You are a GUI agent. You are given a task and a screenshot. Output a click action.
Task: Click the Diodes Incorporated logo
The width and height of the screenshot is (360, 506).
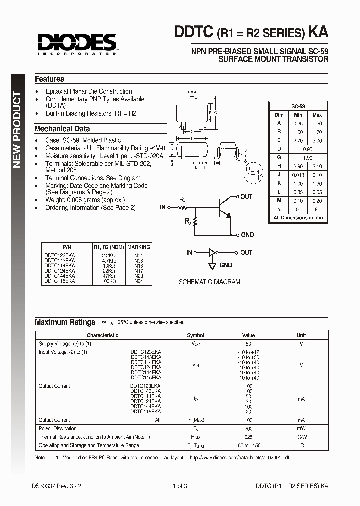(75, 43)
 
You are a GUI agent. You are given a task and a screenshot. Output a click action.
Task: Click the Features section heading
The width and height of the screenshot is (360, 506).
(49, 79)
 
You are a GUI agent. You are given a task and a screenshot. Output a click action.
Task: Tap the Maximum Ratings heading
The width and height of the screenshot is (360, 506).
(65, 322)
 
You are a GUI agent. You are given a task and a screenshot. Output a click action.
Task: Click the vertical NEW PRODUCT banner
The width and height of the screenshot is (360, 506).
(17, 130)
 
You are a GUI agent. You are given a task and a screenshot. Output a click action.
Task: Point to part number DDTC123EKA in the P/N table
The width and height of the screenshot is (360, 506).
(59, 255)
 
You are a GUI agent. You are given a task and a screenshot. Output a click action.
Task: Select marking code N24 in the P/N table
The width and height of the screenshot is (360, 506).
(138, 281)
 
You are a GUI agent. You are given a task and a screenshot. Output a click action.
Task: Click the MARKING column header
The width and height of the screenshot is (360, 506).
(138, 247)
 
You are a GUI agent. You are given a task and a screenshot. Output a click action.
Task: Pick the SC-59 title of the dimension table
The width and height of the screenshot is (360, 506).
(298, 106)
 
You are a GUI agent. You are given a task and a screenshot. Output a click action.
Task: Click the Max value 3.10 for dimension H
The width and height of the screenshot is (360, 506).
(317, 166)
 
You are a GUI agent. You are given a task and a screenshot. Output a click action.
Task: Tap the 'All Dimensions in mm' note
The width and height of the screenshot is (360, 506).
(298, 218)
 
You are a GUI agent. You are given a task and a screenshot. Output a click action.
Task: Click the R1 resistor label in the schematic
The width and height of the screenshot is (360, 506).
(183, 200)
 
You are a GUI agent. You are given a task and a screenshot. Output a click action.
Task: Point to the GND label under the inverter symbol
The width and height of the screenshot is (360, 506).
(226, 265)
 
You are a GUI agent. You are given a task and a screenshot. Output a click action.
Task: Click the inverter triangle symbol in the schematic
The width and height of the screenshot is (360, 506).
(212, 253)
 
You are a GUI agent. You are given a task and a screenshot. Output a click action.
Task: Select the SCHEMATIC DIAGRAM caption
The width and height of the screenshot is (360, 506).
(209, 282)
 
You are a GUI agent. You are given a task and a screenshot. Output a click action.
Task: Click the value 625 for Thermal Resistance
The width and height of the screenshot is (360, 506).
(248, 437)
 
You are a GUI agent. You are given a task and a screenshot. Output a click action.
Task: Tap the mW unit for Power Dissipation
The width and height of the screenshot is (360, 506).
(301, 428)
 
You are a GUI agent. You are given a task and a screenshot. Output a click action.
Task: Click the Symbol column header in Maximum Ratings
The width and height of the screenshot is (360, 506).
(195, 335)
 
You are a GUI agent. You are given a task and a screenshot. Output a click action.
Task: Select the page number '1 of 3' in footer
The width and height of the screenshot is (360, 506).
(180, 486)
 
